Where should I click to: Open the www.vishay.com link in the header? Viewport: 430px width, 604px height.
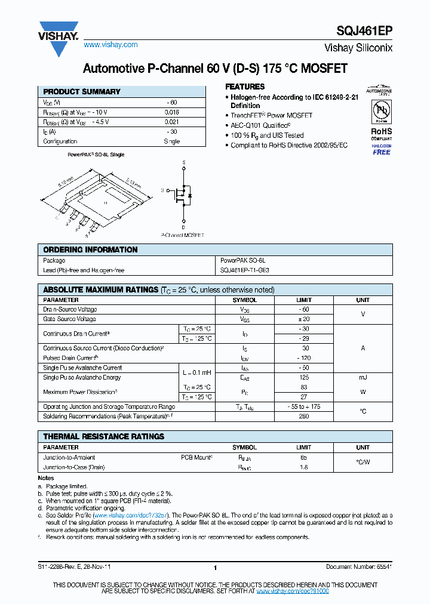pyautogui.click(x=110, y=45)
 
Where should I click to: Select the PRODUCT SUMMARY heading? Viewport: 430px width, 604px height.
pyautogui.click(x=82, y=92)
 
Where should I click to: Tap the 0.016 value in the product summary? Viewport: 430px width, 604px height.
pyautogui.click(x=171, y=112)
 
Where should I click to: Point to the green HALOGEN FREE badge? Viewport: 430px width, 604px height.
pyautogui.click(x=381, y=149)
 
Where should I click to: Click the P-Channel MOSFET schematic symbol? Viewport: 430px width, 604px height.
pyautogui.click(x=183, y=195)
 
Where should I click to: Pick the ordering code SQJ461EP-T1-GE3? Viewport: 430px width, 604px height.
pyautogui.click(x=245, y=270)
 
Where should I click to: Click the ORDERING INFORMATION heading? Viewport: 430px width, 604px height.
pyautogui.click(x=90, y=249)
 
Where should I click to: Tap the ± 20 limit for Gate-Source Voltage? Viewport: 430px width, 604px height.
pyautogui.click(x=304, y=319)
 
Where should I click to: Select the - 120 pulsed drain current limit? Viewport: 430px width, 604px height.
pyautogui.click(x=304, y=358)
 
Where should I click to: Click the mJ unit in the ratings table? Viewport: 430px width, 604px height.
pyautogui.click(x=363, y=377)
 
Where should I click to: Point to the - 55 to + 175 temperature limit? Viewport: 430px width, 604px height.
pyautogui.click(x=304, y=406)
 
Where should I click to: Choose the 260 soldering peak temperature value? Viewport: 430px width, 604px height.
pyautogui.click(x=304, y=417)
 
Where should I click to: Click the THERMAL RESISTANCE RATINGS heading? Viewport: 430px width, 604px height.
pyautogui.click(x=103, y=436)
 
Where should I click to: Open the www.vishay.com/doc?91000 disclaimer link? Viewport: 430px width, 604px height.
pyautogui.click(x=293, y=591)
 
